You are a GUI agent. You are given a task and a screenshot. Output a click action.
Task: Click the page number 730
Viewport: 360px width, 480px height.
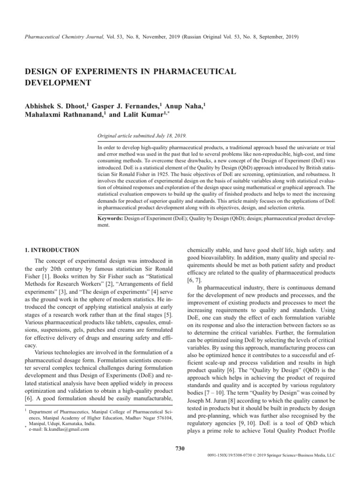pos(180,449)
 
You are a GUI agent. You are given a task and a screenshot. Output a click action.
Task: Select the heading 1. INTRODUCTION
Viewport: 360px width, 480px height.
pos(52,250)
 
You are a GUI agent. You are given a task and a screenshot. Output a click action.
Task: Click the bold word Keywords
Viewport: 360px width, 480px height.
pos(110,218)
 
